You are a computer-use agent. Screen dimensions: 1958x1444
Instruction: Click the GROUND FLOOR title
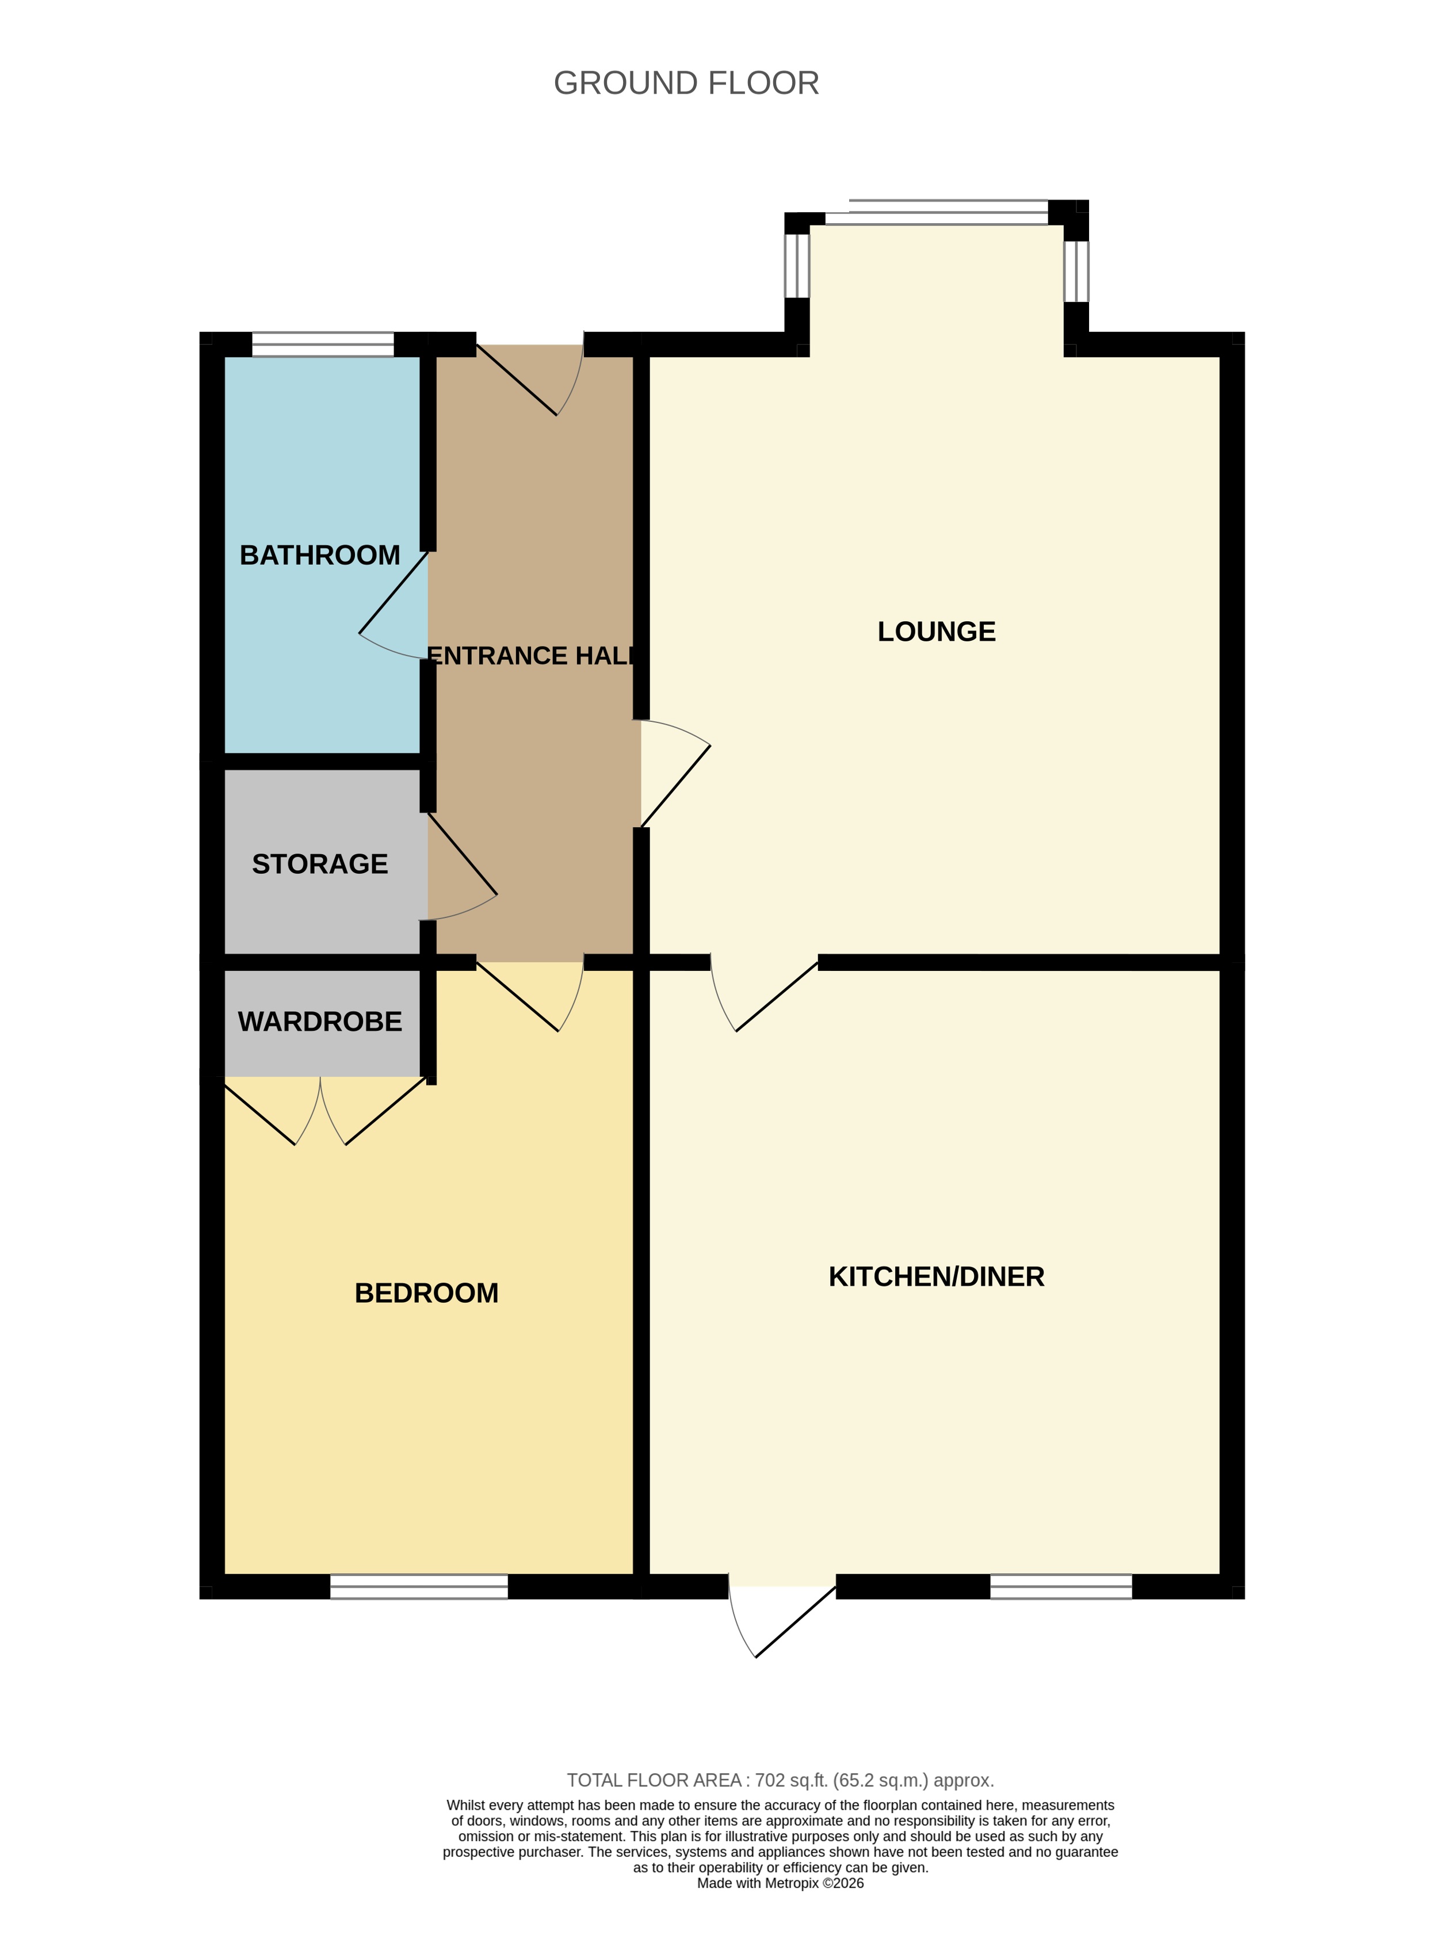coord(686,83)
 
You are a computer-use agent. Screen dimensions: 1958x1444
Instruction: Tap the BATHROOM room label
coord(320,555)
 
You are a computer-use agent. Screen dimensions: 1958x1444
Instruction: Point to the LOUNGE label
coord(936,631)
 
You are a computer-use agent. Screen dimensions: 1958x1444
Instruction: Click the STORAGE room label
coord(320,863)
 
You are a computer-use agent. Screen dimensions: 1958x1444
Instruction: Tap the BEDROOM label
coord(426,1292)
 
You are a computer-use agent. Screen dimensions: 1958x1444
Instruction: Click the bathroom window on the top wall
coord(323,344)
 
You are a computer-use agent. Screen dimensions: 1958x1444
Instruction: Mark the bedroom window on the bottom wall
coord(419,1586)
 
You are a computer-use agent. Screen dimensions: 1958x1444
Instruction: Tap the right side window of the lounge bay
coord(1076,271)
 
